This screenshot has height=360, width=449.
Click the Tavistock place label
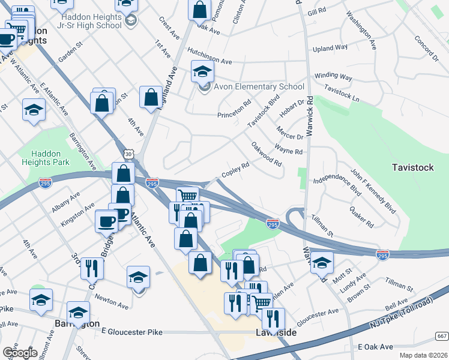pyautogui.click(x=412, y=167)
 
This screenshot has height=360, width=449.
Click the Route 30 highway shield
pyautogui.click(x=129, y=155)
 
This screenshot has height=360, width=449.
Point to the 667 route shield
pyautogui.click(x=442, y=335)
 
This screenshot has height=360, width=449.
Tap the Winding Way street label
pyautogui.click(x=333, y=77)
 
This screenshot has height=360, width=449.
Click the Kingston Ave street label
pyautogui.click(x=77, y=214)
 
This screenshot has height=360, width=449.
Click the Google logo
pyautogui.click(x=20, y=353)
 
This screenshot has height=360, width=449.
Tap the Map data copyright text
pyautogui.click(x=422, y=355)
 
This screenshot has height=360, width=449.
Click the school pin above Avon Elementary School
pyautogui.click(x=203, y=71)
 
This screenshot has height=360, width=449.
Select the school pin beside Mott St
pyautogui.click(x=322, y=262)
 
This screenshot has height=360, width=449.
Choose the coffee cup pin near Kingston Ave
pyautogui.click(x=106, y=221)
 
